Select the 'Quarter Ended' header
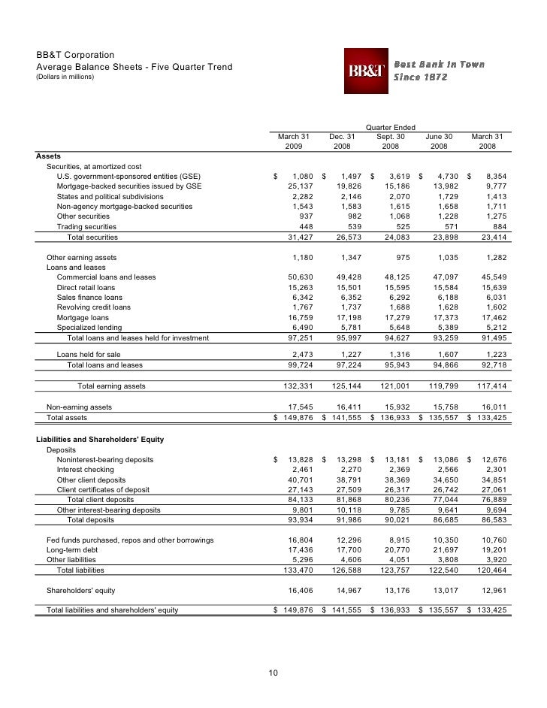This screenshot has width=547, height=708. (390, 126)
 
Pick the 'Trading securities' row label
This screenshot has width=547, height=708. (86, 226)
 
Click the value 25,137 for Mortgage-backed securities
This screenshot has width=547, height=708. (295, 186)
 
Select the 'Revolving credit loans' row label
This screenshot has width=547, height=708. (93, 307)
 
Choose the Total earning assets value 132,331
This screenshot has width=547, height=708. (293, 386)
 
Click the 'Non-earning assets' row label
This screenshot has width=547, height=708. (79, 407)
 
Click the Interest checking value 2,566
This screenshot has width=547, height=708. (440, 469)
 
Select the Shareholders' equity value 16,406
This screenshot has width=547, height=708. (295, 590)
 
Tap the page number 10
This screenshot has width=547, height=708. (273, 672)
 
